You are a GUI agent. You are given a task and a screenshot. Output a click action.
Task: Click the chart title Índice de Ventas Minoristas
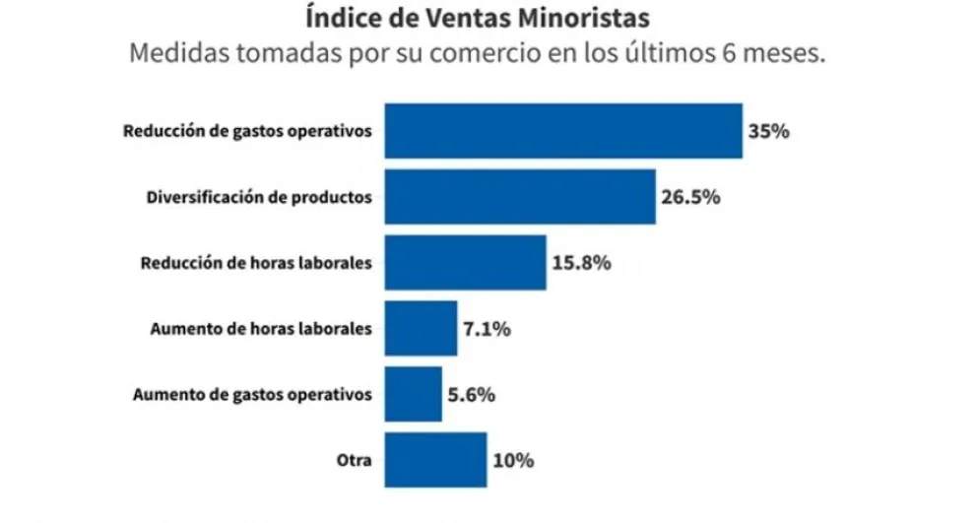point(478,19)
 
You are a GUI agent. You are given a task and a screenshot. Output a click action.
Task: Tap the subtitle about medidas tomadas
point(477,53)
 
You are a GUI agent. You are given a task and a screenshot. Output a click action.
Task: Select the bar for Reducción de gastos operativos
point(562,131)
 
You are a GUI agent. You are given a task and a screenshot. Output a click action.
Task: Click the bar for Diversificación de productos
point(519,197)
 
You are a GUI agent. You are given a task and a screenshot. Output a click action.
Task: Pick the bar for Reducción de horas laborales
point(465,263)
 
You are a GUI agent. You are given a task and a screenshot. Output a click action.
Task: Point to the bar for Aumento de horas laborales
point(421,328)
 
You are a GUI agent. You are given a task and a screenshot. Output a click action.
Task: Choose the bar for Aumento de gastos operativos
point(413,394)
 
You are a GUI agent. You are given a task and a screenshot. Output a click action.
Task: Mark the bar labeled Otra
point(435,459)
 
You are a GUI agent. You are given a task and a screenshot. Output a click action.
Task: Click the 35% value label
point(768,131)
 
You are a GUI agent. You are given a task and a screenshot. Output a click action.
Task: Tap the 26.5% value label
point(690,197)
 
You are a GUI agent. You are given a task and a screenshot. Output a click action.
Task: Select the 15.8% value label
point(581,263)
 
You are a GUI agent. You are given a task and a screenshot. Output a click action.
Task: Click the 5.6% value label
point(471,395)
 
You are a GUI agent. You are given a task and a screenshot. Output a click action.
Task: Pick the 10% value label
point(513,460)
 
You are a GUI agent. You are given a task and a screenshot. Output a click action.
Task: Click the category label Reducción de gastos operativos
point(247,131)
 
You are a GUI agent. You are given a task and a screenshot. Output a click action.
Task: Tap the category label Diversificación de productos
point(259,197)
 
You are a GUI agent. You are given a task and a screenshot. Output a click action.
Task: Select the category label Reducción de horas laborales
point(256,263)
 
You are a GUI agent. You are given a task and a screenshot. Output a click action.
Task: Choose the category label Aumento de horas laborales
point(261,329)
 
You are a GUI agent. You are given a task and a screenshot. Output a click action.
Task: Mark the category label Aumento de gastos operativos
point(252,395)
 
